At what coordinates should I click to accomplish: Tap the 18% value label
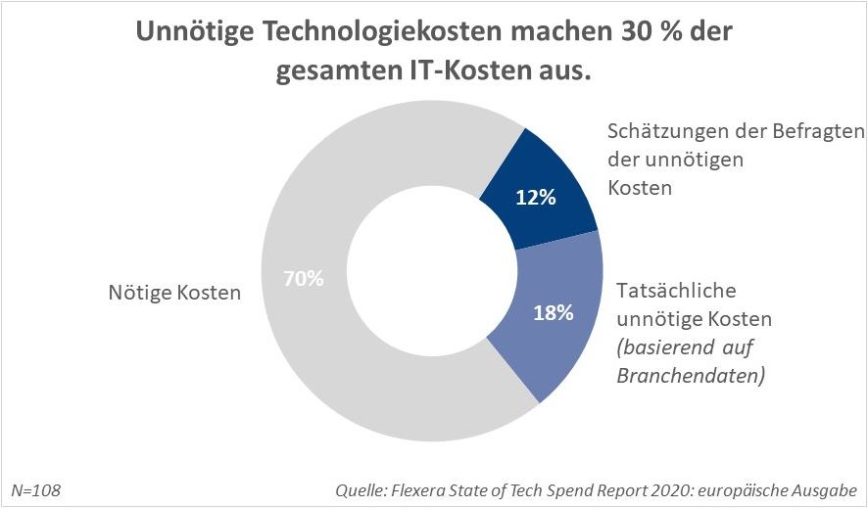tap(553, 313)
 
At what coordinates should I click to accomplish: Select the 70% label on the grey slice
tap(304, 278)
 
